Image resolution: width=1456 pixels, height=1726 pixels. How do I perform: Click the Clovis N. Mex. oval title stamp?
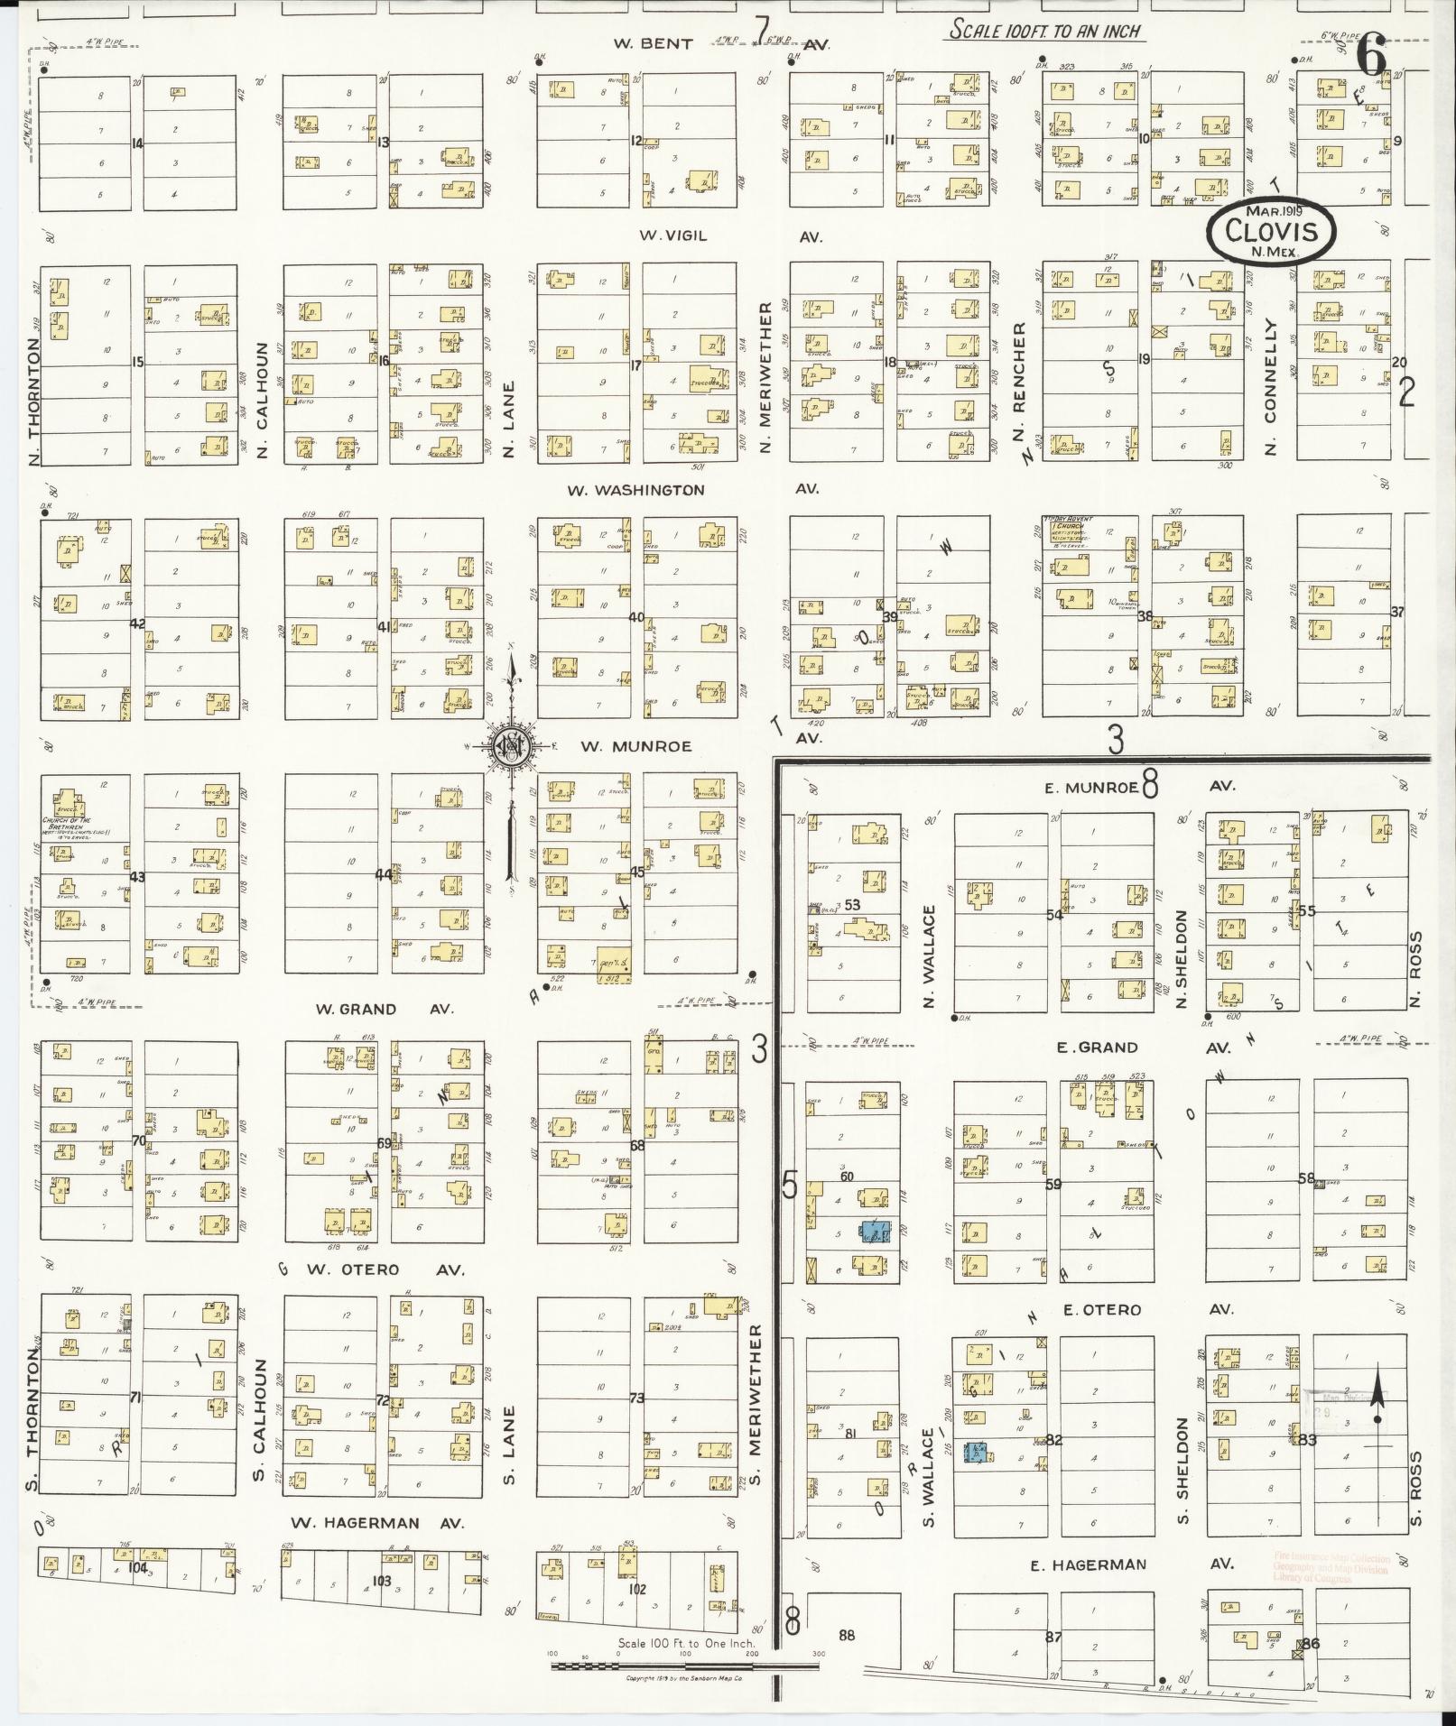click(1271, 231)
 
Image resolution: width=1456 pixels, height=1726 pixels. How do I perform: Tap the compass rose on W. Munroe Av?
click(509, 746)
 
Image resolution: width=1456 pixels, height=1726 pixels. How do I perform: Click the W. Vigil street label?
click(672, 235)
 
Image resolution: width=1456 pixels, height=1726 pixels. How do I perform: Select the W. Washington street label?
click(635, 490)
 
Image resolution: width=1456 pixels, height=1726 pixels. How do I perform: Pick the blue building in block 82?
click(977, 1453)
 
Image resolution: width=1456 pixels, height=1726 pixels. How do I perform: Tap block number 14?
click(137, 143)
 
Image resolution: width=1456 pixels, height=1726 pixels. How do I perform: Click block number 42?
click(137, 623)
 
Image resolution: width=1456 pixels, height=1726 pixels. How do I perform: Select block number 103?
click(381, 1581)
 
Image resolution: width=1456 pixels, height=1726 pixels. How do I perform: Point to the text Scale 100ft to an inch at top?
click(1044, 32)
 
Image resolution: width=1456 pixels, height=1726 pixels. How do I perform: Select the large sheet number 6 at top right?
click(1371, 60)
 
